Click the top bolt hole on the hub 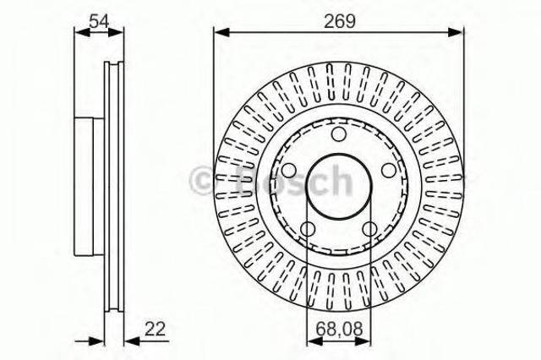pos(338,135)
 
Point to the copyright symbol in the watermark pos(205,180)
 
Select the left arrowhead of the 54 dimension pos(79,33)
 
